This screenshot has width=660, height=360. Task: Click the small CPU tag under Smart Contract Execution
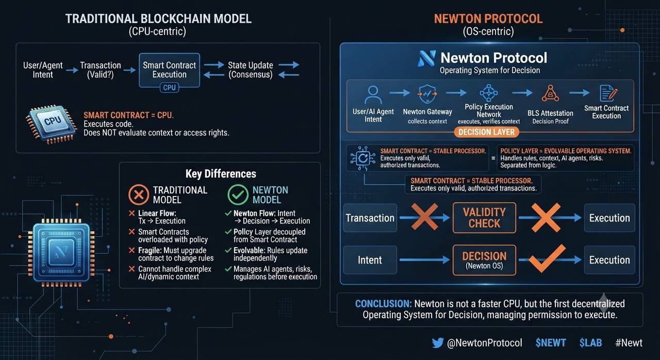pyautogui.click(x=169, y=88)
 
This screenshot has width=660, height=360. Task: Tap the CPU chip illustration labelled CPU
pyautogui.click(x=52, y=124)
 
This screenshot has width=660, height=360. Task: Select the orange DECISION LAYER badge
pyautogui.click(x=486, y=132)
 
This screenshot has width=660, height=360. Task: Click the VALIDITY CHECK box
pyautogui.click(x=484, y=218)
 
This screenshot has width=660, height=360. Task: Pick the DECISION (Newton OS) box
pyautogui.click(x=484, y=260)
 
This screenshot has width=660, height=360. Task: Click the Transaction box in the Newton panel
pyautogui.click(x=370, y=218)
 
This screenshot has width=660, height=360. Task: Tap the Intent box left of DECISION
pyautogui.click(x=370, y=260)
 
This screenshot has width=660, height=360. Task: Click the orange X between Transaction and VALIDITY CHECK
pyautogui.click(x=424, y=216)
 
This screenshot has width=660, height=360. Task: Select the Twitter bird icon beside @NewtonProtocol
pyautogui.click(x=438, y=342)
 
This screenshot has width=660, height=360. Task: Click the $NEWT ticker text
pyautogui.click(x=551, y=342)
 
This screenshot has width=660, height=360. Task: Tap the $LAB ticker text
pyautogui.click(x=590, y=342)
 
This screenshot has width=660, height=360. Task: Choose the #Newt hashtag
pyautogui.click(x=629, y=342)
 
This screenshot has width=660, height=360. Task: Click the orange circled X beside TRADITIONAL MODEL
pyautogui.click(x=139, y=195)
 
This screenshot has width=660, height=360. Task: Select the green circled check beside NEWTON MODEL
pyautogui.click(x=238, y=195)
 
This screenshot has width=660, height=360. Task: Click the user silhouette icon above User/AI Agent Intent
pyautogui.click(x=373, y=95)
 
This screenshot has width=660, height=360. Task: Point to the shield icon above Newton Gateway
pyautogui.click(x=427, y=94)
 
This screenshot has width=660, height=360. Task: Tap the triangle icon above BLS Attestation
pyautogui.click(x=550, y=93)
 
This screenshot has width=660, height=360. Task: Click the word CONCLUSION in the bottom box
pyautogui.click(x=383, y=304)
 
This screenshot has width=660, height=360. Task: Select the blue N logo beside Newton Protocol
pyautogui.click(x=426, y=58)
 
